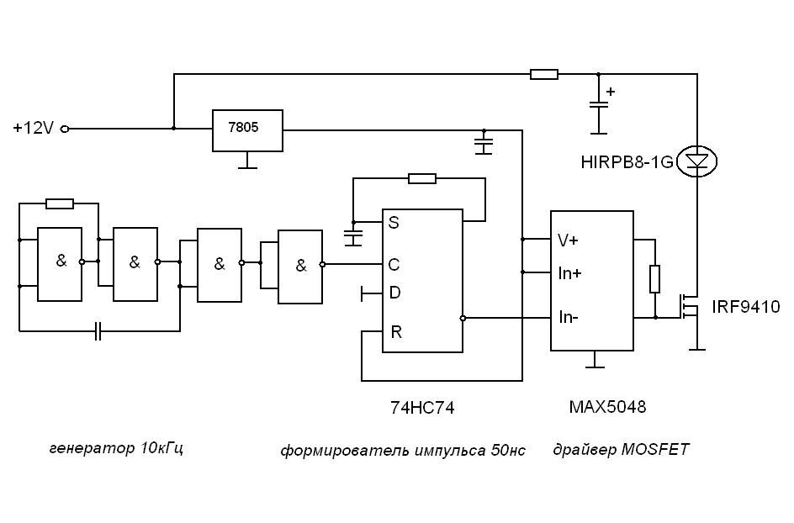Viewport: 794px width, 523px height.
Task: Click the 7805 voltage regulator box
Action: pyautogui.click(x=247, y=129)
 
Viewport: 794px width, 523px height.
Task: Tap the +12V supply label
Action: pyautogui.click(x=34, y=129)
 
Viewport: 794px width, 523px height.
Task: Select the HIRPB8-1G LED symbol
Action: pyautogui.click(x=697, y=161)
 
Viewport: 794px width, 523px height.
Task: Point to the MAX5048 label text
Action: pyautogui.click(x=607, y=407)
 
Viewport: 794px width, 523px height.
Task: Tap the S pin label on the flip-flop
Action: pyautogui.click(x=394, y=224)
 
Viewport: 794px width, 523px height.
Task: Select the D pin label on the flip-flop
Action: pyautogui.click(x=394, y=293)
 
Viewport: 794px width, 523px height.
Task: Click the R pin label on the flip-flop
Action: pyautogui.click(x=395, y=331)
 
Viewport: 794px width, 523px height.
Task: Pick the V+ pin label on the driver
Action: pyautogui.click(x=568, y=240)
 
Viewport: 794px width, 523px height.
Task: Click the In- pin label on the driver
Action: pyautogui.click(x=569, y=318)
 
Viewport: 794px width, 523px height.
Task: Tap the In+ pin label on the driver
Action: pyautogui.click(x=569, y=272)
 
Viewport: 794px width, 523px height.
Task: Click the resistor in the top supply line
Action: pyautogui.click(x=543, y=74)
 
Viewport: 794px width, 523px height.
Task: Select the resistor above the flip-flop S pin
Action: pyautogui.click(x=421, y=178)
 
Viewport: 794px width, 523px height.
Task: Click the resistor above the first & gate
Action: pyautogui.click(x=60, y=203)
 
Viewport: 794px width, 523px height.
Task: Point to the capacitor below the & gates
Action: pyautogui.click(x=98, y=331)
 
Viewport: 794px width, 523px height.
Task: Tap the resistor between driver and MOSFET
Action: pyautogui.click(x=655, y=278)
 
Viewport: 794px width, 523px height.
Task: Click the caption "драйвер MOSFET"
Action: pyautogui.click(x=621, y=450)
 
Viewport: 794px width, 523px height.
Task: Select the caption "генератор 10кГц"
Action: pyautogui.click(x=117, y=448)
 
